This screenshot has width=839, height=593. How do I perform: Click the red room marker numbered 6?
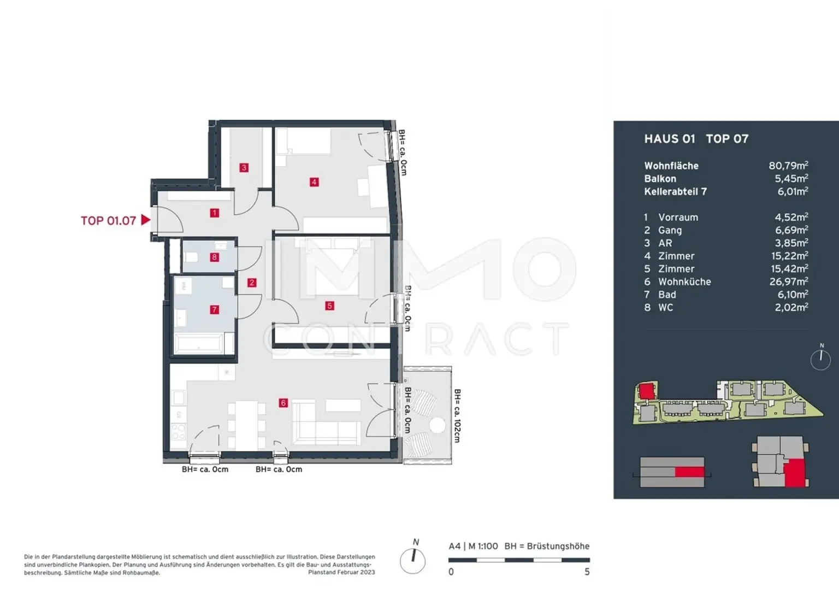point(283,403)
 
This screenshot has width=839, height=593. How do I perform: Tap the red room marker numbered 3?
point(244,168)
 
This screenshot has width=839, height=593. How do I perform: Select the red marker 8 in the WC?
point(214,257)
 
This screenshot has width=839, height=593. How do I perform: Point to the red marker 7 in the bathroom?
point(214,310)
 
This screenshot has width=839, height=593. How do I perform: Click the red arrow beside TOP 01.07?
point(145,220)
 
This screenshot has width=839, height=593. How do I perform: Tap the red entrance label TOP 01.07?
point(108,221)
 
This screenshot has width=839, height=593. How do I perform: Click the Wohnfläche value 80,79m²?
point(788,165)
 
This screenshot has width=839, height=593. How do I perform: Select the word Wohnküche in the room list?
point(684,282)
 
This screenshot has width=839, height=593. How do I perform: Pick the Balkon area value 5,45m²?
point(791,178)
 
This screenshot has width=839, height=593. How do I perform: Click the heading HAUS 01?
point(670,139)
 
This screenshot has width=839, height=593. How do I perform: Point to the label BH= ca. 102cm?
point(457,416)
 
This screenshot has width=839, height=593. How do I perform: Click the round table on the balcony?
point(437,425)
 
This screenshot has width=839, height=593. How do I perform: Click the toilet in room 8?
point(191,257)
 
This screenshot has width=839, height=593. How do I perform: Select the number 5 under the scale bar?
point(587,572)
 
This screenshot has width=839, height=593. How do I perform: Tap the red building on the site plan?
point(646,391)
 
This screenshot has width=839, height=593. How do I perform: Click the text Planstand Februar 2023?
point(341,572)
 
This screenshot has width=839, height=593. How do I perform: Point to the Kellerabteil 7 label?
point(675,191)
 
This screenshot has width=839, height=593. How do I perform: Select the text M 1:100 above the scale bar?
point(483,546)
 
